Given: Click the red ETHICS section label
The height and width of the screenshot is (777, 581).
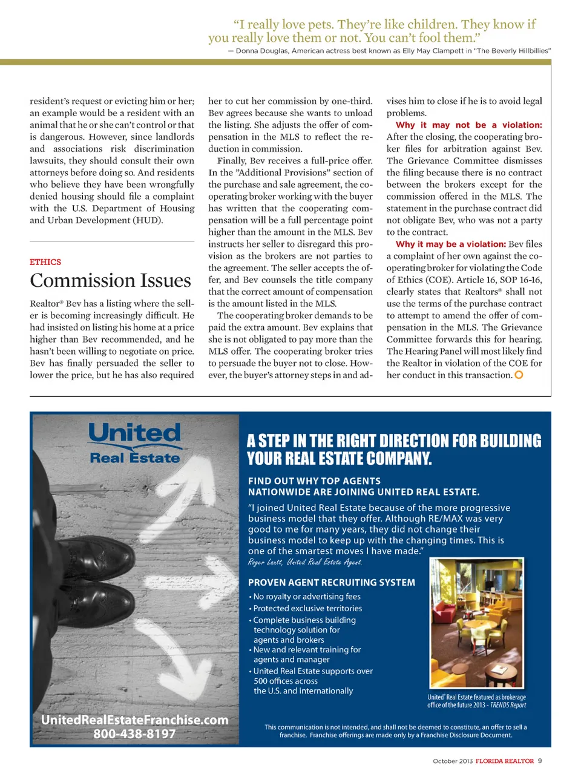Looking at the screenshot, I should click(45, 262).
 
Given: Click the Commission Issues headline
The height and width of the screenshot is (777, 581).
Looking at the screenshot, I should click(110, 281).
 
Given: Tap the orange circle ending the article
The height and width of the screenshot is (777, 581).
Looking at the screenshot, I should click(519, 375).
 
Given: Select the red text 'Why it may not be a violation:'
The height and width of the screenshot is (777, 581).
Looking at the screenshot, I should click(468, 125).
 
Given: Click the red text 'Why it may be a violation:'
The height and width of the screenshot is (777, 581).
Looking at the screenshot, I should click(450, 244).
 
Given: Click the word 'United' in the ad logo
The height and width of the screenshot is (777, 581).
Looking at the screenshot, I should click(135, 433).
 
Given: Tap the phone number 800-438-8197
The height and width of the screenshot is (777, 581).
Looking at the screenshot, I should click(134, 734).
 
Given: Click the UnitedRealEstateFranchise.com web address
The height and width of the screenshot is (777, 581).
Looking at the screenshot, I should click(134, 720).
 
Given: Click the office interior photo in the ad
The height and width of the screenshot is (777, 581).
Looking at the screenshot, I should click(476, 623).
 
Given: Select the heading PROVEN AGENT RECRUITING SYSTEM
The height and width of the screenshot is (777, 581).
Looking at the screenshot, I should click(332, 583).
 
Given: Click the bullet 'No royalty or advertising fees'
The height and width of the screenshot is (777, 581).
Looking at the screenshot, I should click(307, 597).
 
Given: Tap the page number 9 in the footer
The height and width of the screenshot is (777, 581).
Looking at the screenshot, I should click(540, 761).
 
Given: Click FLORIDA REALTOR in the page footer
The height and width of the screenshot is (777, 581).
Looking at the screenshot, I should click(505, 761).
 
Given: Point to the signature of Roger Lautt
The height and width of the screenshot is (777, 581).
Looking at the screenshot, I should click(305, 563).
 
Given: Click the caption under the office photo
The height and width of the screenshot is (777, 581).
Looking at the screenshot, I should click(476, 701).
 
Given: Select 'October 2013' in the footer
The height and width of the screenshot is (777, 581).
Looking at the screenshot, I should click(452, 761).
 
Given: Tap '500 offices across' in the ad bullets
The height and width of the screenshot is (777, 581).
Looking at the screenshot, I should click(286, 681).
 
